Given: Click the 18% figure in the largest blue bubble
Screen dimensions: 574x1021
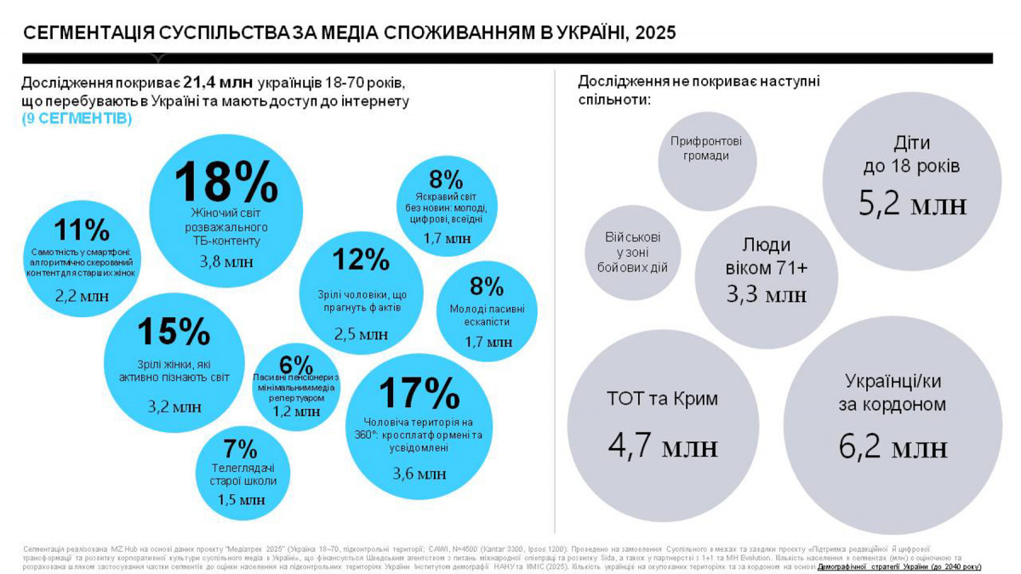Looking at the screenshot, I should point(226,180).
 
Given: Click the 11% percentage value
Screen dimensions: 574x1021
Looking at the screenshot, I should point(82,230).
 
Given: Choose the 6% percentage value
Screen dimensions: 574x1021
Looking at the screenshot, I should point(295,363).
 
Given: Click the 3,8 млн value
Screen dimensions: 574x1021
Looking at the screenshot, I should point(226,262).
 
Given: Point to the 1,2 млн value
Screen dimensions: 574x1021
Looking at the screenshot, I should point(296,412).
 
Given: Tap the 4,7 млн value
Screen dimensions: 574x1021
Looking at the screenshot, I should point(664,446).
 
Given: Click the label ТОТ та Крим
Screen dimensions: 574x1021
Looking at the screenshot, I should point(664,398).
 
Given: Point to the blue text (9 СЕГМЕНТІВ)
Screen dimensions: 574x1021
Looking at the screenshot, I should point(77,119).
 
